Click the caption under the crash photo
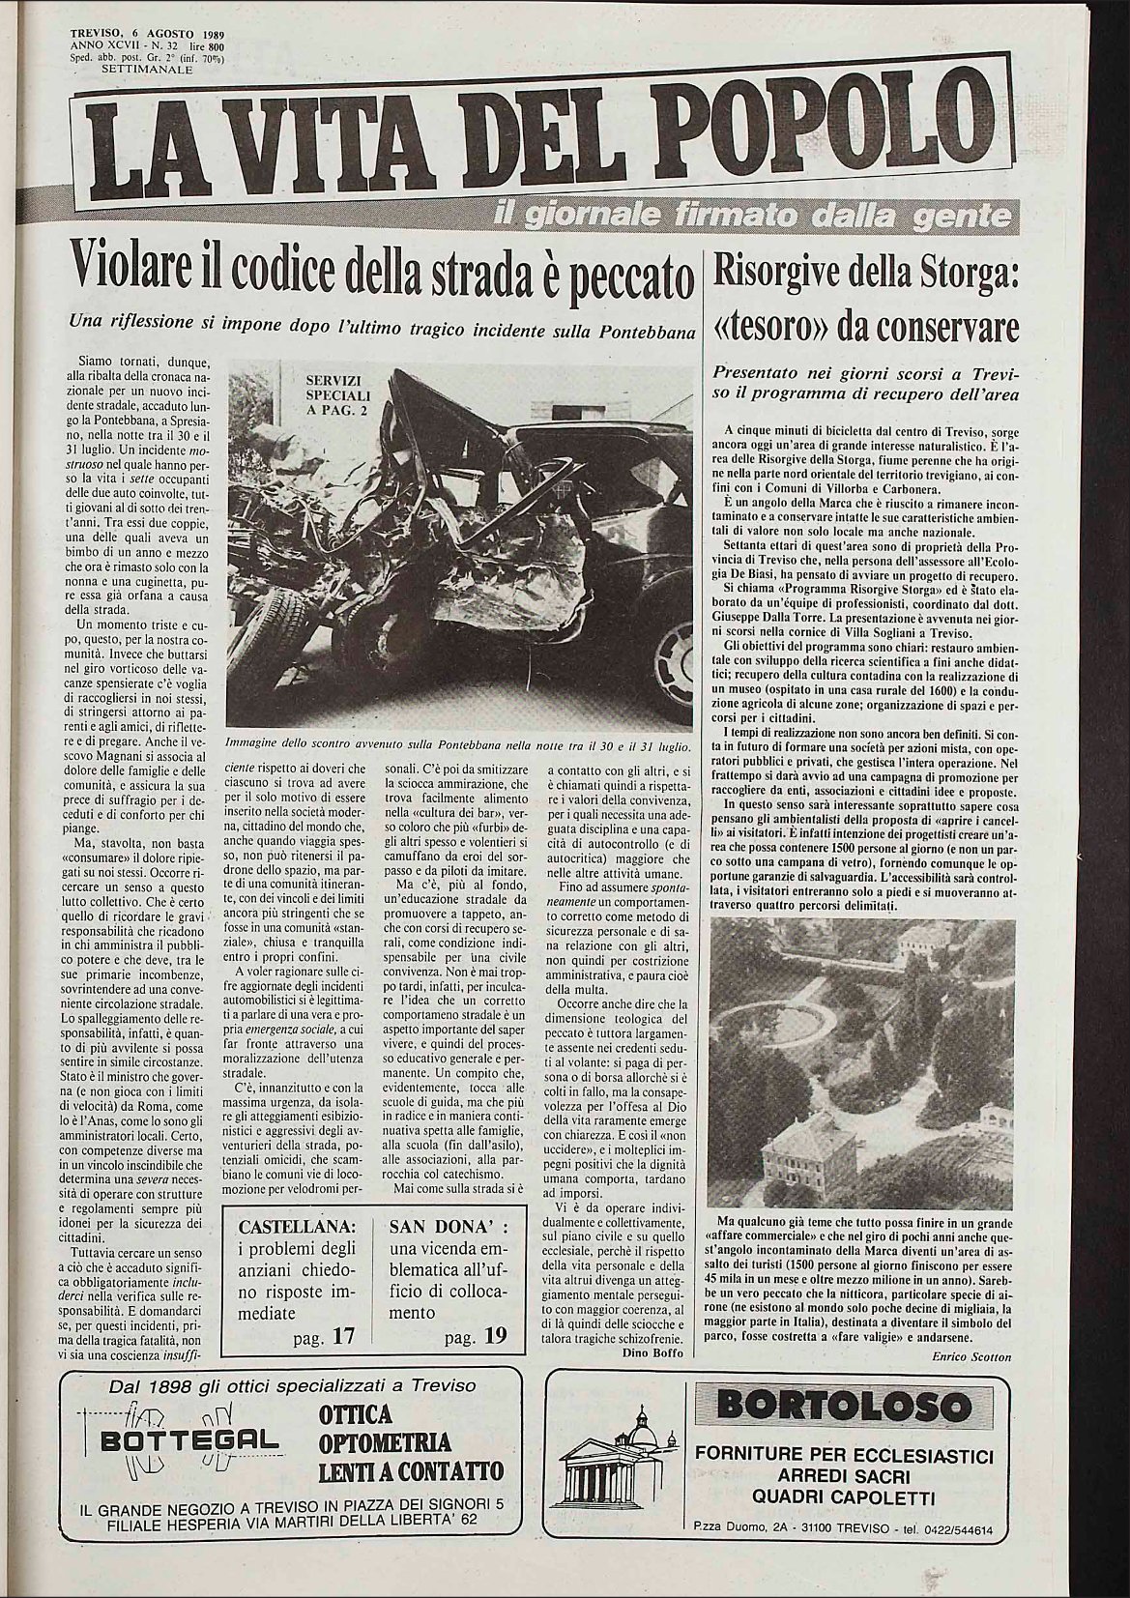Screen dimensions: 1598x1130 pos(457,745)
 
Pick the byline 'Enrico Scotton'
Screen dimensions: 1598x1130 pos(971,1356)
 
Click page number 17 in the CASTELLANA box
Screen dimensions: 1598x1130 pos(344,1337)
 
